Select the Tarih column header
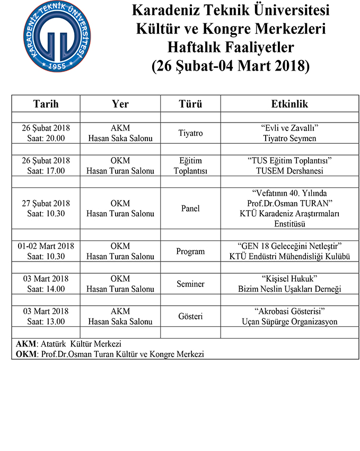[46, 104]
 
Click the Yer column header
[120, 104]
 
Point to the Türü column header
[190, 104]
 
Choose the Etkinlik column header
[289, 104]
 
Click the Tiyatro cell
[190, 133]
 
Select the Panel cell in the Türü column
[190, 209]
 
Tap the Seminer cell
[190, 284]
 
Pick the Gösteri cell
[190, 316]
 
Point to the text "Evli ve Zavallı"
[289, 128]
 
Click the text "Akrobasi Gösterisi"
[289, 311]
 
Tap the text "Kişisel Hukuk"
[289, 279]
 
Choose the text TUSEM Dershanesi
[289, 171]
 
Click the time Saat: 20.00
[46, 138]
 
